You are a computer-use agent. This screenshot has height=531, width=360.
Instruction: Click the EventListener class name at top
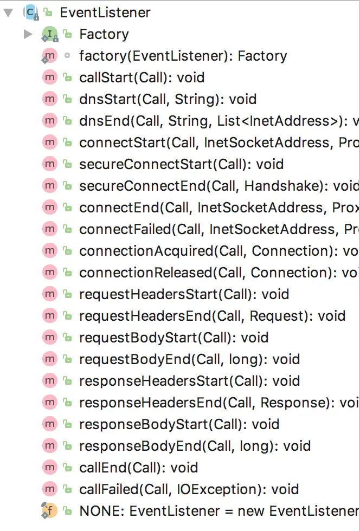[x=105, y=12]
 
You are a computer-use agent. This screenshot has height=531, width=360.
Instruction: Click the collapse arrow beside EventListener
[x=8, y=12]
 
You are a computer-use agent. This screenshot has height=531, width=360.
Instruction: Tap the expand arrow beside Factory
[x=28, y=35]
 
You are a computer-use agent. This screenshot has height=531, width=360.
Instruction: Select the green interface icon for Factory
[x=50, y=35]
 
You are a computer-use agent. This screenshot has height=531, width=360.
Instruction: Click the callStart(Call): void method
[x=142, y=77]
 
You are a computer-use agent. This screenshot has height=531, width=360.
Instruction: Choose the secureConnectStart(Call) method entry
[x=181, y=164]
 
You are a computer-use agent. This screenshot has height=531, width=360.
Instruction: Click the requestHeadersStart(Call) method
[x=184, y=294]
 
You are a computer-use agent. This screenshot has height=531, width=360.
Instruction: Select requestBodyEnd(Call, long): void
[x=189, y=359]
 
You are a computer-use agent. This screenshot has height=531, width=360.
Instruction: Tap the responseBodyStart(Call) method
[x=179, y=424]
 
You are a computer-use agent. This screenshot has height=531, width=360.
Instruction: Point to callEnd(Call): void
[x=138, y=468]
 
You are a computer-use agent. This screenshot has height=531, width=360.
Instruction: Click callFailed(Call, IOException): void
[x=189, y=489]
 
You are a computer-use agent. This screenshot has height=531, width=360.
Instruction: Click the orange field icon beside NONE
[x=49, y=511]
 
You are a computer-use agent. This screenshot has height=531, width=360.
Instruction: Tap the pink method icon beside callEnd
[x=50, y=468]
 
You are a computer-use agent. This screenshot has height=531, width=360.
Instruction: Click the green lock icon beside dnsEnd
[x=67, y=121]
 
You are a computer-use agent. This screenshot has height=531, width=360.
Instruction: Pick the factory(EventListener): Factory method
[x=183, y=56]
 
